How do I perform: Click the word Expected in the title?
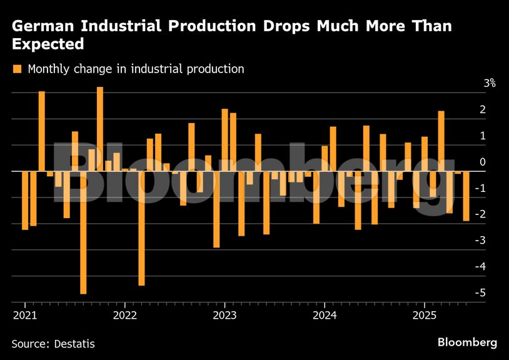click(x=48, y=44)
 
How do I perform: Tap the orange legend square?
click(x=18, y=69)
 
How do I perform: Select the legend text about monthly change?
click(x=136, y=69)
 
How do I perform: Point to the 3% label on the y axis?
click(x=489, y=83)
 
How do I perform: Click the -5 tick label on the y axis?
click(x=481, y=293)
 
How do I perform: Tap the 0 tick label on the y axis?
click(x=482, y=162)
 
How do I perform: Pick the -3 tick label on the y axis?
click(x=481, y=241)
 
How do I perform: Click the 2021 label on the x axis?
click(x=25, y=314)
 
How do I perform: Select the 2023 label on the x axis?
click(x=225, y=314)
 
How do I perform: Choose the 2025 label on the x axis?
click(x=425, y=314)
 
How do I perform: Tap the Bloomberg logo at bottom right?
click(x=467, y=342)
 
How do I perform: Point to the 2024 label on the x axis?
click(x=325, y=314)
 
